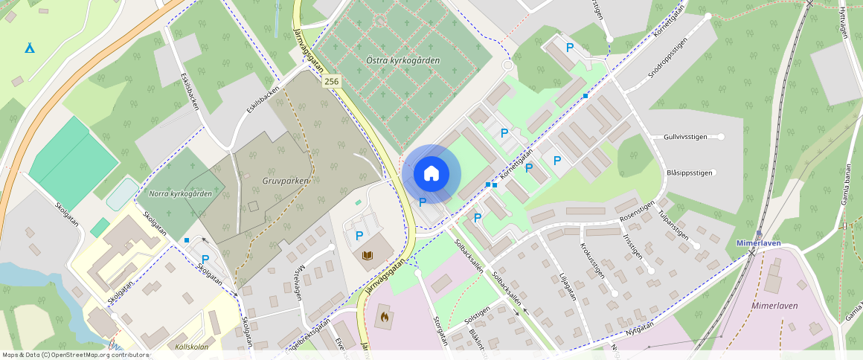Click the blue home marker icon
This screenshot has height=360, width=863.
pyautogui.click(x=431, y=174)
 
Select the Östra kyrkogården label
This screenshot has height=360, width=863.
pyautogui.click(x=403, y=60)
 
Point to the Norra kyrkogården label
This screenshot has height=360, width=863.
pyautogui.click(x=180, y=193)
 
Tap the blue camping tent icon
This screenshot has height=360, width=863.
pyautogui.click(x=29, y=48)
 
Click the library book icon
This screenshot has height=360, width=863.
pyautogui.click(x=368, y=256)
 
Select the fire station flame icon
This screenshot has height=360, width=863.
pyautogui.click(x=385, y=318)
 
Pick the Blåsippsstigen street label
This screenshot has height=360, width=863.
pyautogui.click(x=689, y=173)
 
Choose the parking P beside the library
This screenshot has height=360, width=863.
pyautogui.click(x=359, y=236)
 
